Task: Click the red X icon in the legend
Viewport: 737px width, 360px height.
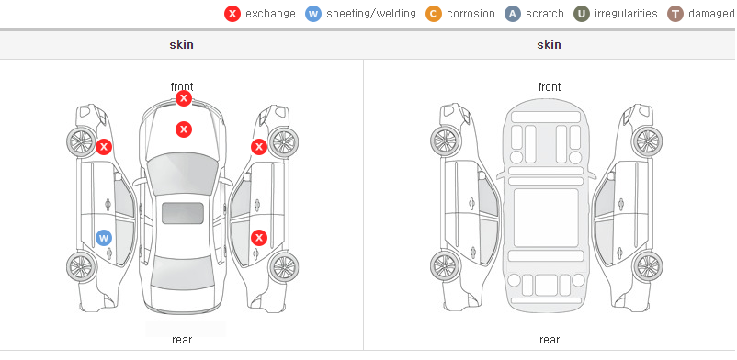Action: pos(232,14)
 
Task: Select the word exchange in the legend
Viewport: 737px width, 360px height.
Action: pos(270,14)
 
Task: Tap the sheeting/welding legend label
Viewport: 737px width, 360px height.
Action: pos(371,14)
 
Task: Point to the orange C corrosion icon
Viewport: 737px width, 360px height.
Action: pos(434,14)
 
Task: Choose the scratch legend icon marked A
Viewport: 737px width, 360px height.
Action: pos(513,14)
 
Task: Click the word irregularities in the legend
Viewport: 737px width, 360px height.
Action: pos(626,14)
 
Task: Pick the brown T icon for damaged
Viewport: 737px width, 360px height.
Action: pos(675,14)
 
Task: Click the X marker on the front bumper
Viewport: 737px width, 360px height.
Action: pos(184,98)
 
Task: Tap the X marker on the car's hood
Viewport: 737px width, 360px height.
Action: pos(184,129)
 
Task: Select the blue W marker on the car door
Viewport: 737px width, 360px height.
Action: pos(104,238)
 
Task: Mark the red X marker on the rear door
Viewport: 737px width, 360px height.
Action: pos(259,238)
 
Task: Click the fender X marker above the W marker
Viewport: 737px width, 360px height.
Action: pos(104,147)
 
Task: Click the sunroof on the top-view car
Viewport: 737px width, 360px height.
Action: pos(183,213)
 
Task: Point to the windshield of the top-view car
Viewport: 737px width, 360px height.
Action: pos(183,173)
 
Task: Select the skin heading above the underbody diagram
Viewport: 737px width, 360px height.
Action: pos(549,45)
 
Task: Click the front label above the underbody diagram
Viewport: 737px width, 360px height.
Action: pos(550,87)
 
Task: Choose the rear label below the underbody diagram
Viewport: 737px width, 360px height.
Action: pos(550,340)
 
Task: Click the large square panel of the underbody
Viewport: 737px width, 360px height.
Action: pos(546,218)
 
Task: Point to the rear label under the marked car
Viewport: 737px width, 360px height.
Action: pos(182,340)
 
